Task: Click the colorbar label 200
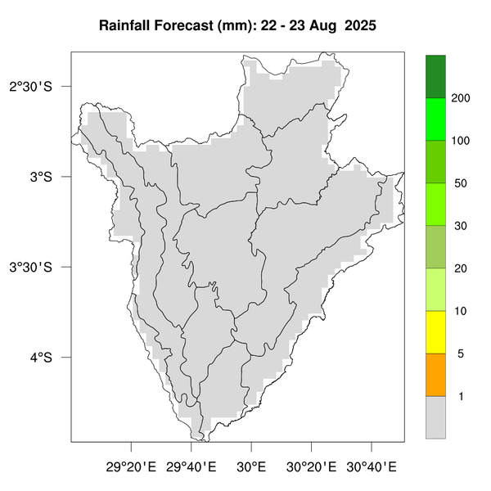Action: click(460, 98)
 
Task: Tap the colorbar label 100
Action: click(460, 141)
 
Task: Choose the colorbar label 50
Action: click(460, 183)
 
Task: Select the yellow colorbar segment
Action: click(435, 332)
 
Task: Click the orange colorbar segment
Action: click(435, 375)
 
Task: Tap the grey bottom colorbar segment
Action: click(435, 417)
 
